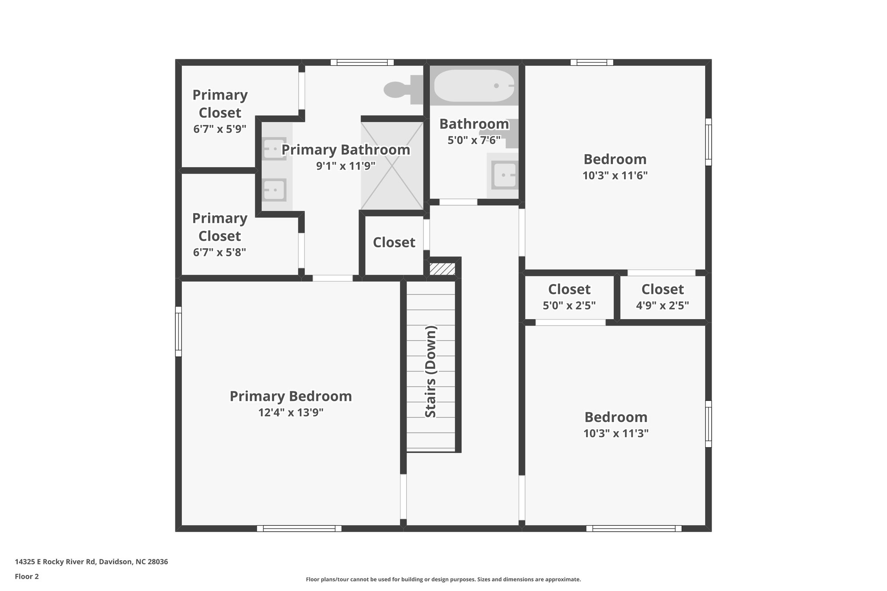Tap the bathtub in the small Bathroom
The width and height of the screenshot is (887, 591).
click(474, 86)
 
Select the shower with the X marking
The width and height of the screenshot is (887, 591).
click(392, 166)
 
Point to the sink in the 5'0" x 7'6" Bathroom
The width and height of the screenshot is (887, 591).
click(505, 175)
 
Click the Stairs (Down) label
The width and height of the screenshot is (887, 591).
click(431, 371)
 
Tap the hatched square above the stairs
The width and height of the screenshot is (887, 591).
click(442, 269)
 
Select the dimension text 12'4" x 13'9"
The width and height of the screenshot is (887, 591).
click(291, 413)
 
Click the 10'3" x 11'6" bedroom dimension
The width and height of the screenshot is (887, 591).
click(615, 176)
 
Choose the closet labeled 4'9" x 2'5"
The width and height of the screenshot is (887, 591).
click(662, 297)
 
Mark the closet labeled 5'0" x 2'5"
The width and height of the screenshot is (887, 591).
click(569, 297)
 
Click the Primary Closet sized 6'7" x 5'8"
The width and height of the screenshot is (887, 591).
click(220, 234)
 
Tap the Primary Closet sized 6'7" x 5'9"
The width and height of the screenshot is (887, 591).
click(220, 110)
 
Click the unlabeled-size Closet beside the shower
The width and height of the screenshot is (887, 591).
click(394, 242)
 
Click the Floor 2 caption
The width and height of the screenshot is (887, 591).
click(27, 577)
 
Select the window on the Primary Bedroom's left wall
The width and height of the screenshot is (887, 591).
click(178, 331)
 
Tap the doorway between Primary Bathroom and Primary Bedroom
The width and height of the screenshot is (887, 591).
click(333, 278)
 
